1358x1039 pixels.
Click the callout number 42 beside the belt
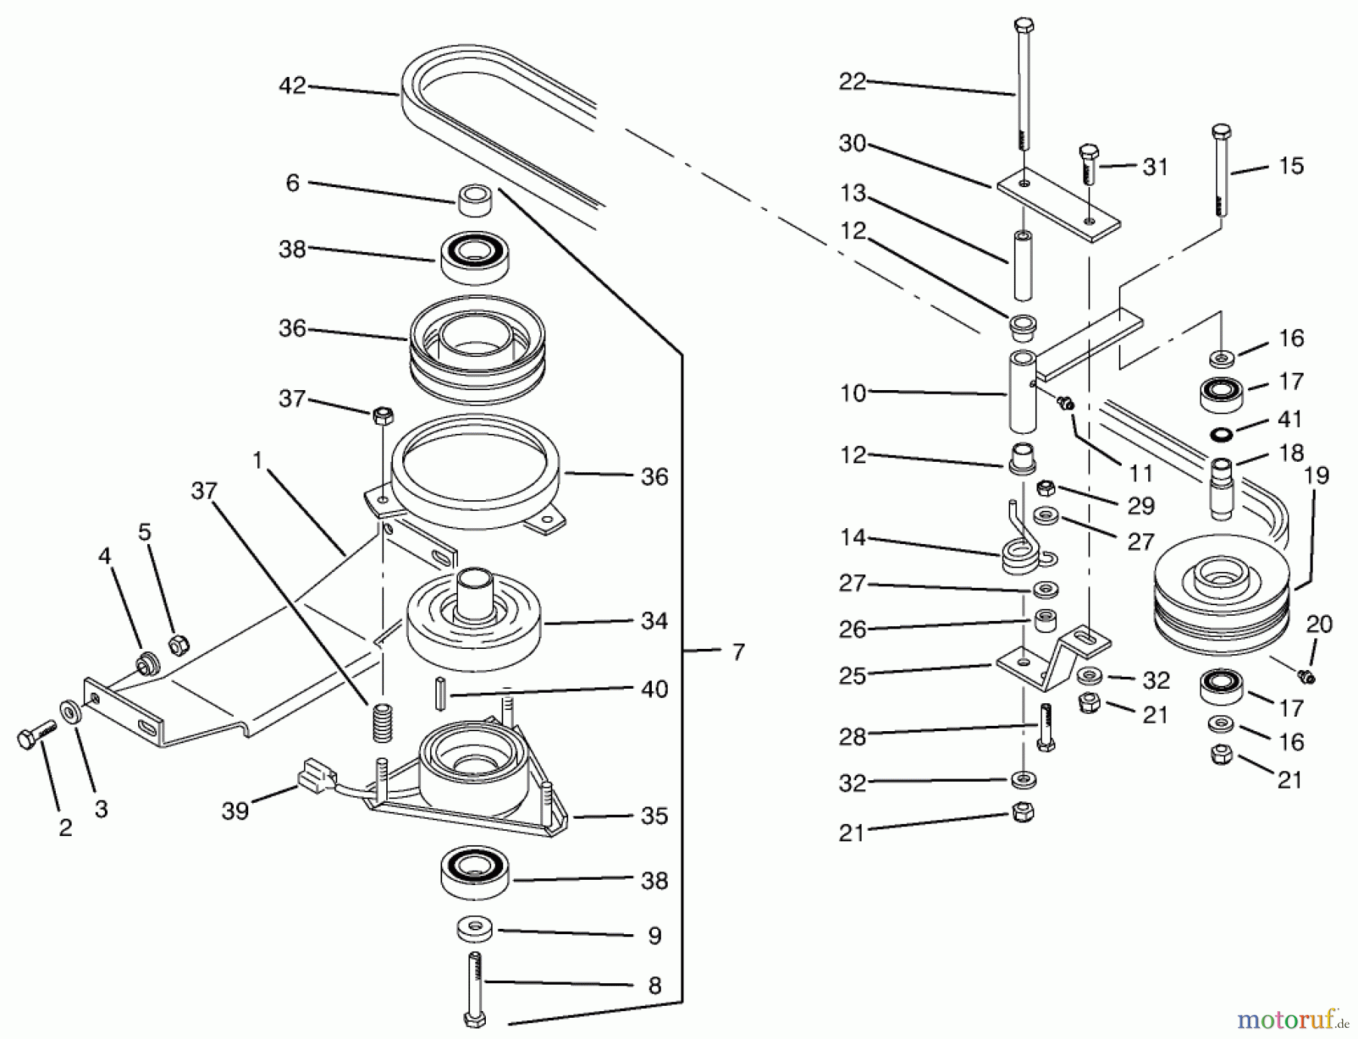[x=293, y=86]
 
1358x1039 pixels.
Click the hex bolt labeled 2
[x=33, y=735]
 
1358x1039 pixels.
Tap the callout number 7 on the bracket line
[x=738, y=651]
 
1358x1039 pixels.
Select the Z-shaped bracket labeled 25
[x=1052, y=658]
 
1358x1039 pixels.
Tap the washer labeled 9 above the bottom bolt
[x=475, y=929]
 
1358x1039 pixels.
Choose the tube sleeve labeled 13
[x=1023, y=267]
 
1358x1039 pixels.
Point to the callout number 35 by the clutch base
[x=654, y=816]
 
